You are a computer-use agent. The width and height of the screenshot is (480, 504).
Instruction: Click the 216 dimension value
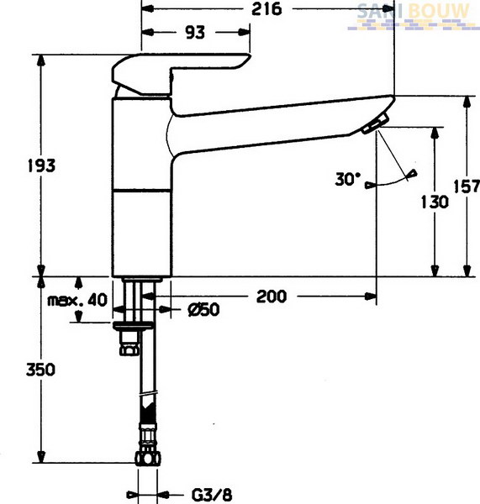click(x=266, y=8)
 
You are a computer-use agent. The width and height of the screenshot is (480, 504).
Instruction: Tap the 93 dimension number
click(x=195, y=33)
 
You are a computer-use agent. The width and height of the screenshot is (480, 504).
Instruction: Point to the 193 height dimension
click(x=41, y=165)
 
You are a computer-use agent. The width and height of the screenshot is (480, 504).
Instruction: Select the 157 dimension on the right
click(x=467, y=186)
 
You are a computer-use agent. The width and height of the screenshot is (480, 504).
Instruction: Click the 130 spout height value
click(x=435, y=202)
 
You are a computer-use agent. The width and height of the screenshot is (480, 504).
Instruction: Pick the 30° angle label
click(x=347, y=179)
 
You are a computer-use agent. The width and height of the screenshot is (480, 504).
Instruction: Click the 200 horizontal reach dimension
click(x=272, y=297)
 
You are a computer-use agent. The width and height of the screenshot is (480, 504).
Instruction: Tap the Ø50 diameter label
click(x=204, y=310)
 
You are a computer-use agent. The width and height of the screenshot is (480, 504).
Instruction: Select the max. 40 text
click(x=77, y=301)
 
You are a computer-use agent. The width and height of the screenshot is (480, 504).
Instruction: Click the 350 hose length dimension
click(x=40, y=370)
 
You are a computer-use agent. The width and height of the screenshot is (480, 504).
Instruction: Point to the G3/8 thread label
click(x=212, y=495)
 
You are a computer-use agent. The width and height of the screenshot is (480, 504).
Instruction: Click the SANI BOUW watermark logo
click(x=413, y=16)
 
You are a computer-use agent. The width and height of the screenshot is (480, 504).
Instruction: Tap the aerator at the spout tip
click(x=375, y=123)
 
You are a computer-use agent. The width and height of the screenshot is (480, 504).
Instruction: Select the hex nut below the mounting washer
click(x=129, y=344)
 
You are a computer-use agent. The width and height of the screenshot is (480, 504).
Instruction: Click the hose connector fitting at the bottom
click(x=148, y=444)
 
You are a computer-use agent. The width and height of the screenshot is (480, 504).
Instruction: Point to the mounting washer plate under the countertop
click(x=133, y=326)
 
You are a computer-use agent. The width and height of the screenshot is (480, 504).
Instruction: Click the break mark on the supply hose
click(x=148, y=393)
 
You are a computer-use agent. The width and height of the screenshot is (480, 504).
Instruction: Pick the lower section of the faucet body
click(x=142, y=234)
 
